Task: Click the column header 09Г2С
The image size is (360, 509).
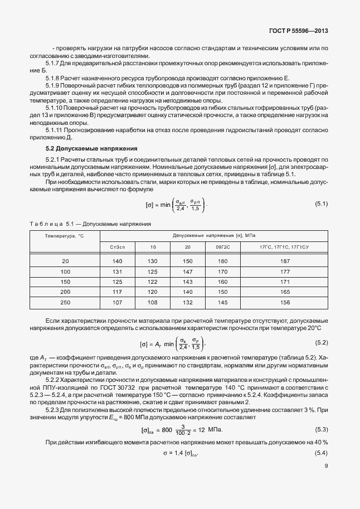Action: point(222,246)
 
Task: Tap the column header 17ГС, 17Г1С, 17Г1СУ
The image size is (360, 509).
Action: point(285,246)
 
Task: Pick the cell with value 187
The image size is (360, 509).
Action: point(285,261)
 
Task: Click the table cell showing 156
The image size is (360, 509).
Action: point(285,302)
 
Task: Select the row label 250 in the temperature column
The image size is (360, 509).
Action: point(65,302)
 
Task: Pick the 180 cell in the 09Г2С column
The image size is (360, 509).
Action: point(222,261)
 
